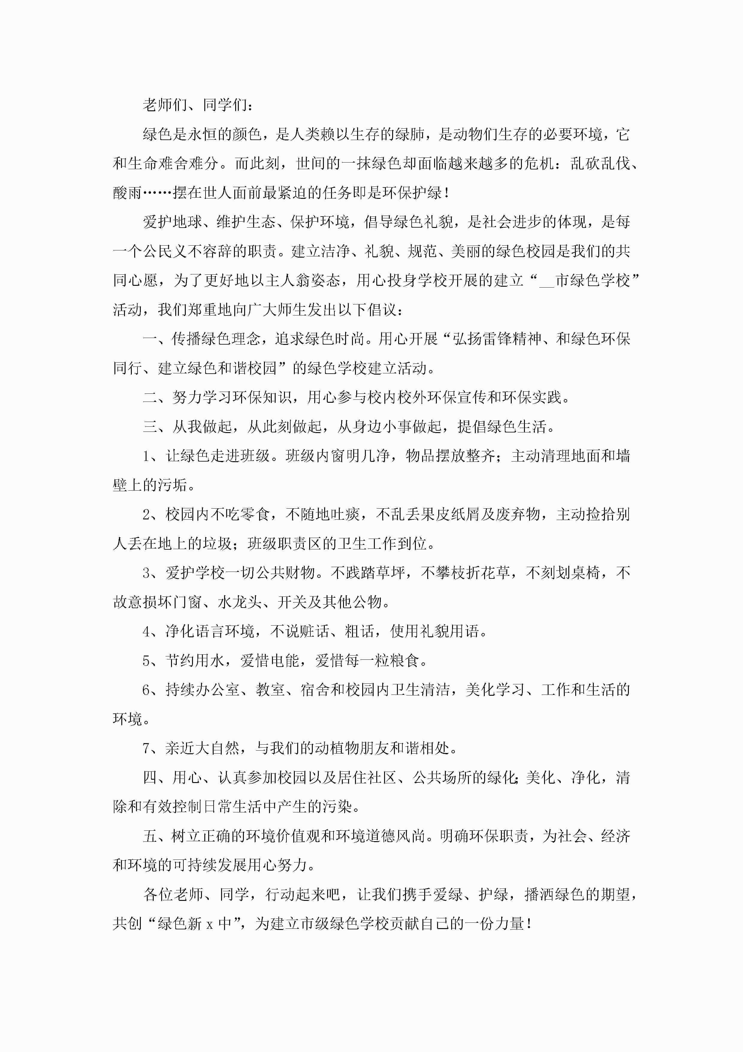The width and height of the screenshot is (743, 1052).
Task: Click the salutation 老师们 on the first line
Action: coord(165,105)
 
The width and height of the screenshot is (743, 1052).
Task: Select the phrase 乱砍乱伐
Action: coord(600,163)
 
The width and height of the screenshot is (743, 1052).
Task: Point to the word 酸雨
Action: coord(128,193)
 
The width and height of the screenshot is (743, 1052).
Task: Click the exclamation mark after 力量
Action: coord(529,924)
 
